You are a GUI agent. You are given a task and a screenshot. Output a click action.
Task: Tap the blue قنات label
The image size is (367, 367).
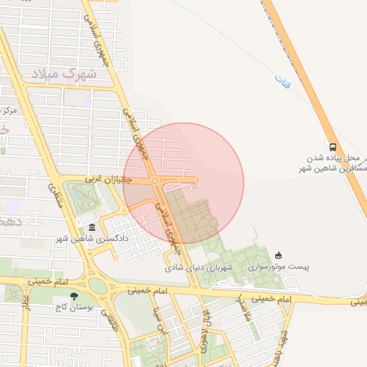(x=281, y=84)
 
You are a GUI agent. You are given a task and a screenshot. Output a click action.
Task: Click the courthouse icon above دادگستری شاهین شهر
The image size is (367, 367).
(x=92, y=227)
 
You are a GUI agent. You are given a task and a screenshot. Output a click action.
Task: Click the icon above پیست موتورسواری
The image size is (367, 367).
(x=278, y=255)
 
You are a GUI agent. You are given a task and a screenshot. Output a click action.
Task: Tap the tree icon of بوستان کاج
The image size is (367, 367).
(x=74, y=295)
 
